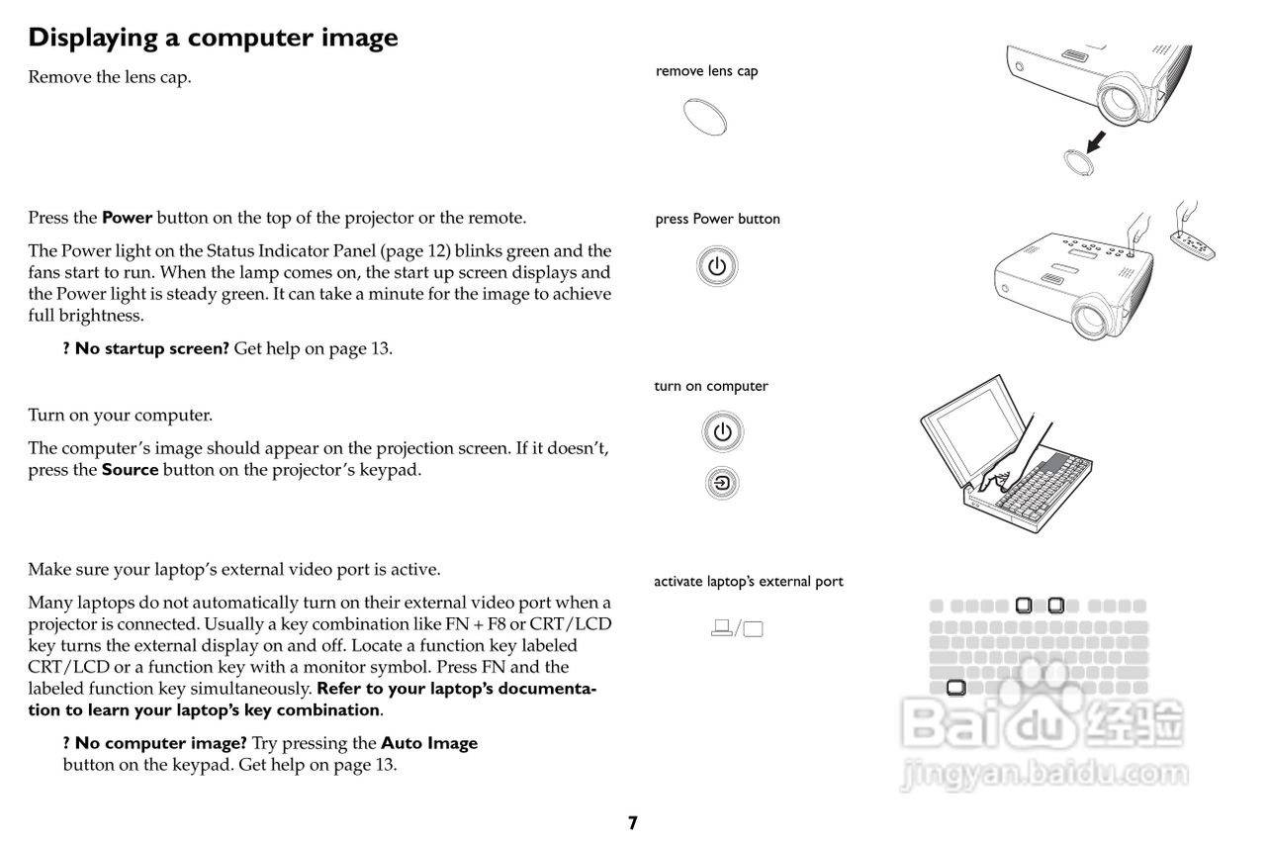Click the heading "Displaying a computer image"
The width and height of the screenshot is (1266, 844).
(213, 38)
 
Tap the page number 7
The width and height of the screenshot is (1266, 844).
(633, 822)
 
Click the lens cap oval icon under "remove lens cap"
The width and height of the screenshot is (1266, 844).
(706, 116)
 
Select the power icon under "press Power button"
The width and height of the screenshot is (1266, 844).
(717, 267)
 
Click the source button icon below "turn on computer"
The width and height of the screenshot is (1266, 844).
(723, 483)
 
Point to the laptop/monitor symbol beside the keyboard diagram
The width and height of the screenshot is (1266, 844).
(738, 627)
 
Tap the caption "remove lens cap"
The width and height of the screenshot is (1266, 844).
(706, 71)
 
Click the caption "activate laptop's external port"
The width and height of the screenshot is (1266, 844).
(748, 582)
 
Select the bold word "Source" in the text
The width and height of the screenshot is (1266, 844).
(130, 470)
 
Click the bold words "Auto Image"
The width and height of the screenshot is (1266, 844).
(428, 743)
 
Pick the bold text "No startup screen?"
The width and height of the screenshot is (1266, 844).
(151, 348)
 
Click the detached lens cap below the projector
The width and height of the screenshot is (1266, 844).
(1072, 160)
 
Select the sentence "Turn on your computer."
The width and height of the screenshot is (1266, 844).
(120, 416)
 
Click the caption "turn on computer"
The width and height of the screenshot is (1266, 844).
(710, 387)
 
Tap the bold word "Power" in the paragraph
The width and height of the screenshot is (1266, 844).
(127, 218)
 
